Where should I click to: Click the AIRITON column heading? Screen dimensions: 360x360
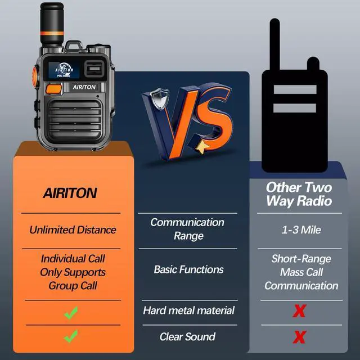70,192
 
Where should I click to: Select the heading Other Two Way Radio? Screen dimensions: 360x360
299,193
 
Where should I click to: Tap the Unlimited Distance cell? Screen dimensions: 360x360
73,229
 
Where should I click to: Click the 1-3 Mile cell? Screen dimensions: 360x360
300,229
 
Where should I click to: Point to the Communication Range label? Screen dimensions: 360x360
188,229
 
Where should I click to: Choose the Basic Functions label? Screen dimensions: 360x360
188,269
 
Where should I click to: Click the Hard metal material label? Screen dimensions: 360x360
188,310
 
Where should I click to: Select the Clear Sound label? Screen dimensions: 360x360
187,337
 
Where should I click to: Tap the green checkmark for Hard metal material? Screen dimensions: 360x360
70,312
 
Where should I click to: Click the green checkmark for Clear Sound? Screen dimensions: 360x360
70,337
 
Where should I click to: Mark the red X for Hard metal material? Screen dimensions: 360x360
300,311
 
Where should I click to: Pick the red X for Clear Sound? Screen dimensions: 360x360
300,337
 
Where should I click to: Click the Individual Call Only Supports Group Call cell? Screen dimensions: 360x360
73,272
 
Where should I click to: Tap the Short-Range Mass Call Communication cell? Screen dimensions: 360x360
301,272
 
